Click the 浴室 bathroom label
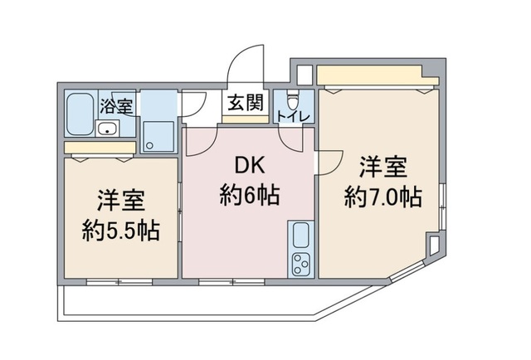coord(116,105)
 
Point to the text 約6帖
coord(249,196)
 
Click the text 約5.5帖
coord(122,230)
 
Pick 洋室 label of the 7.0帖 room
coord(382,166)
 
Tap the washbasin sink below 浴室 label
coord(108,128)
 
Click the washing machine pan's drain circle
coord(150,144)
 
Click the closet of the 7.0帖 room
coord(376,78)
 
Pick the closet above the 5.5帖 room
coord(100,148)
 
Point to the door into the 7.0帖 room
coord(329,161)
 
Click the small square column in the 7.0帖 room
coord(434,246)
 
